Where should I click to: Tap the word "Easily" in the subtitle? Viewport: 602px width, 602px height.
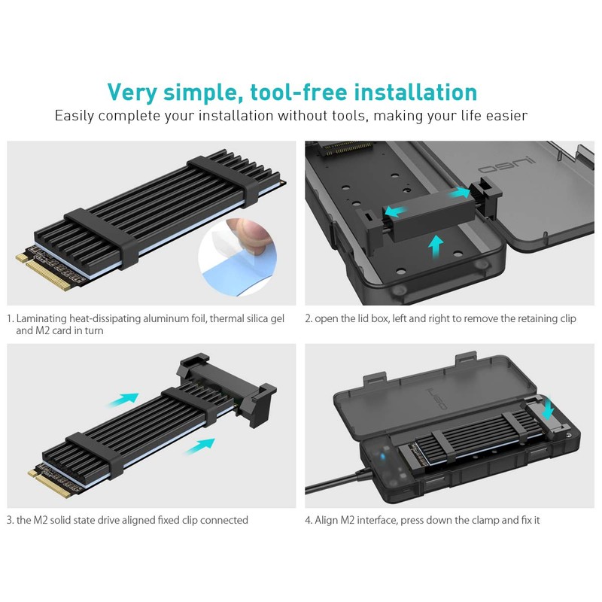[74, 116]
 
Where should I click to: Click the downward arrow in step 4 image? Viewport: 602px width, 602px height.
[547, 409]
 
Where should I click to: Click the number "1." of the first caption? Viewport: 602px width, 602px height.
[11, 318]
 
